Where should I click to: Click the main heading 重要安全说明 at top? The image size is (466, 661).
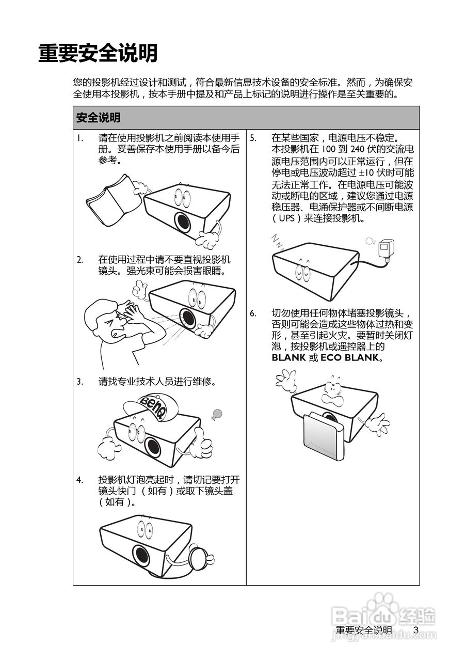pos(98,53)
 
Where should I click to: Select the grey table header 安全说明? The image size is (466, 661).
pos(98,117)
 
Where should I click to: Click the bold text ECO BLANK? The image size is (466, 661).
pos(349,358)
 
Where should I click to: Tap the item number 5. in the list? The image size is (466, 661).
pos(253,138)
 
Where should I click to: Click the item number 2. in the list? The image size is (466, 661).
pos(80,260)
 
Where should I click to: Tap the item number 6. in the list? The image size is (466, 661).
pos(253,313)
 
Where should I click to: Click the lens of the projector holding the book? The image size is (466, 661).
pos(183,222)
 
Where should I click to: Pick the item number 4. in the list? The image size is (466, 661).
pos(80,480)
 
